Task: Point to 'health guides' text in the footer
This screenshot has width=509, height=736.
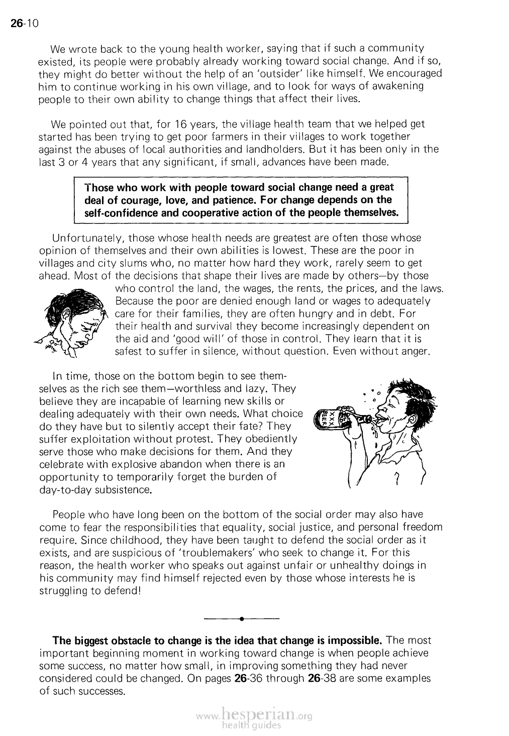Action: (253, 725)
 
